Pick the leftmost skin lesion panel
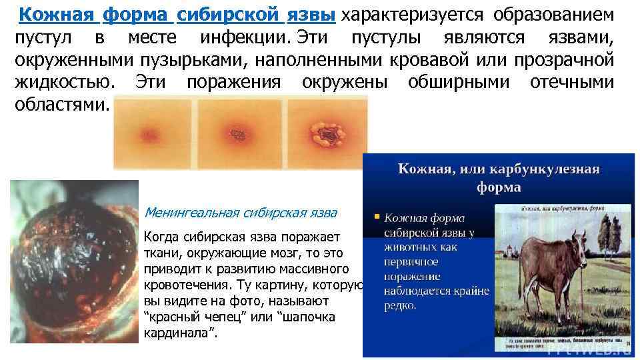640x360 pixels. (155, 127)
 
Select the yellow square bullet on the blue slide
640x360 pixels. (377, 216)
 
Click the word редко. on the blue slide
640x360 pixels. (401, 305)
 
